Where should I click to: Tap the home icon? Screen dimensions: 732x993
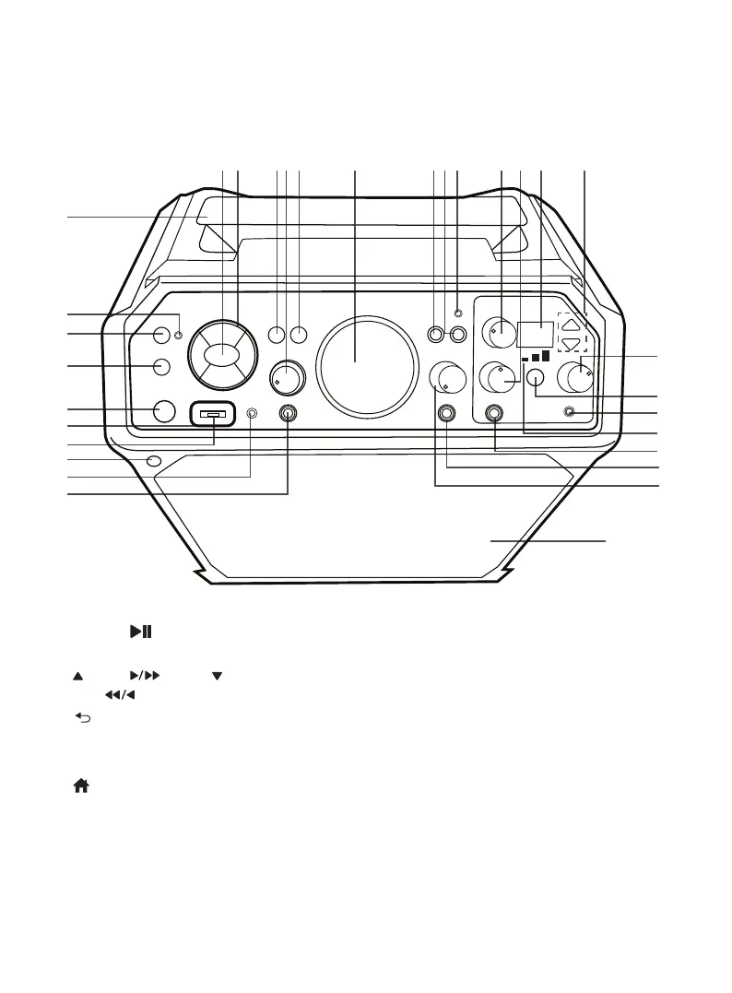click(x=81, y=786)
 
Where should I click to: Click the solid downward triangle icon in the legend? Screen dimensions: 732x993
click(x=218, y=676)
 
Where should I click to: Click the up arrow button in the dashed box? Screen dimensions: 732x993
click(x=572, y=325)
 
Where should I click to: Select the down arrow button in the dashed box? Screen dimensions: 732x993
click(x=572, y=344)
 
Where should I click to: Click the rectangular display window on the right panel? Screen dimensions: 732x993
click(x=535, y=334)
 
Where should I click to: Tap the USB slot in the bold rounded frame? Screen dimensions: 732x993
click(x=214, y=416)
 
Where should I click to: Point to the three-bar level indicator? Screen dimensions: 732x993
click(x=535, y=357)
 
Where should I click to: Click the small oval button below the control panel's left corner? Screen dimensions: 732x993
click(x=153, y=461)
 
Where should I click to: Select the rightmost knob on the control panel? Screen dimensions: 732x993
click(x=580, y=376)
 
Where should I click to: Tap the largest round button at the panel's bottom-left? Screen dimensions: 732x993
click(x=162, y=411)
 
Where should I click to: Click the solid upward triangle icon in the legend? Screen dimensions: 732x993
click(x=77, y=676)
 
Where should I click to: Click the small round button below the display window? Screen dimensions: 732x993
click(x=537, y=377)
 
